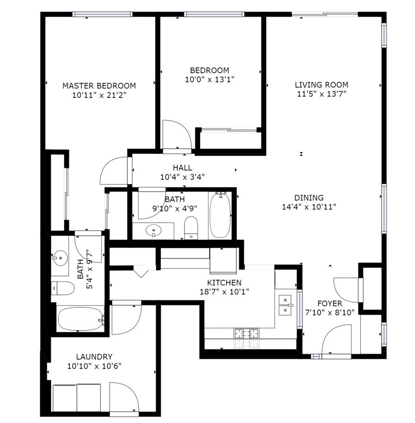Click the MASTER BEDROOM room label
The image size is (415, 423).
tap(99, 86)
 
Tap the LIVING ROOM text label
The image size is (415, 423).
tap(321, 85)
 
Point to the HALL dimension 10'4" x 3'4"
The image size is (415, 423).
tap(182, 177)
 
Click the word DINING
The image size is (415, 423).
tap(308, 198)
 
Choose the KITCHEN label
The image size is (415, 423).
tap(224, 283)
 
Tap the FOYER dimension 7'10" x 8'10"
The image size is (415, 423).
tap(329, 313)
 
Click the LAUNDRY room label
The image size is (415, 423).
tap(94, 357)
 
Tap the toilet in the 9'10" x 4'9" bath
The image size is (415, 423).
tap(191, 228)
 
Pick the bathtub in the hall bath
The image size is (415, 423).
tap(220, 216)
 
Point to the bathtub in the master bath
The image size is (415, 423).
tap(80, 319)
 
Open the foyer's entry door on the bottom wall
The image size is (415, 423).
tap(337, 341)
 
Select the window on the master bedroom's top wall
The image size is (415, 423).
tap(103, 14)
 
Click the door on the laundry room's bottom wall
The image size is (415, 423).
tap(124, 397)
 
